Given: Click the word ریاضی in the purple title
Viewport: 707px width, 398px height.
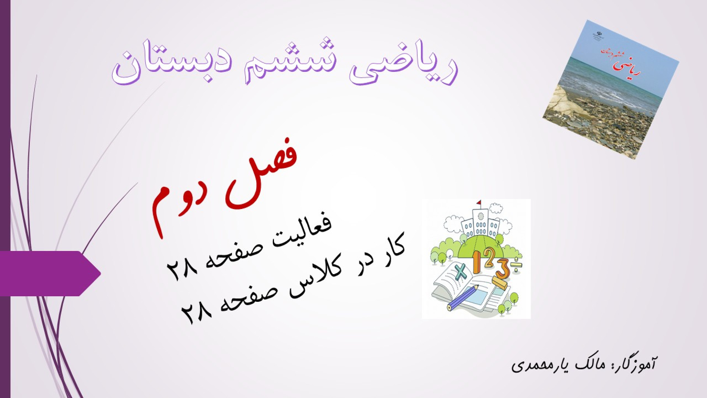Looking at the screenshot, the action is pyautogui.click(x=403, y=64).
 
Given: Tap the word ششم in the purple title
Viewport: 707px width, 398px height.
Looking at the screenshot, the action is pyautogui.click(x=287, y=61).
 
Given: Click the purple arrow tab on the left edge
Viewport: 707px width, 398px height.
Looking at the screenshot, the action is pyautogui.click(x=50, y=273).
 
